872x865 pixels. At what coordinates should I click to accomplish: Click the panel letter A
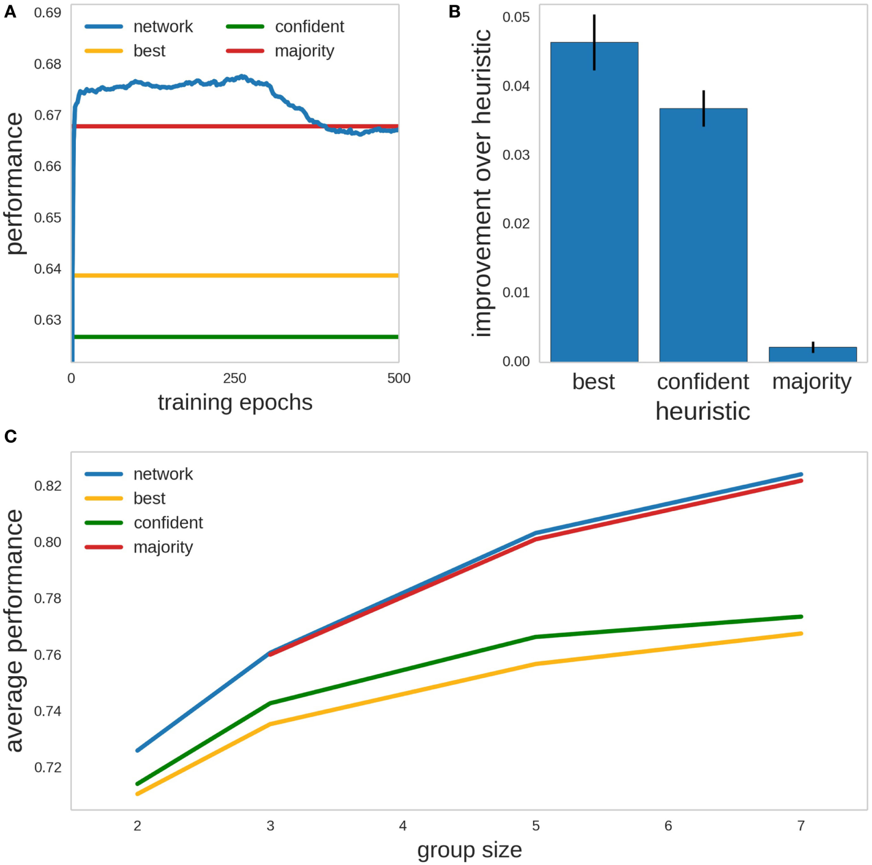[x=10, y=12]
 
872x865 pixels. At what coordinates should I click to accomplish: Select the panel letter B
[x=454, y=12]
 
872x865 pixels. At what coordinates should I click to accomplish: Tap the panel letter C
[x=11, y=436]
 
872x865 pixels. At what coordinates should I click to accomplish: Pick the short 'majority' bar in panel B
[x=812, y=354]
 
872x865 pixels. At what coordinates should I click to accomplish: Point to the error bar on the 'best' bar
[x=594, y=42]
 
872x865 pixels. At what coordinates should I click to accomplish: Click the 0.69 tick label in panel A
[x=47, y=13]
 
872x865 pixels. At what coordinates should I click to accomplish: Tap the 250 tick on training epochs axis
[x=235, y=378]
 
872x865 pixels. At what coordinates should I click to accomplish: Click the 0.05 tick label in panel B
[x=516, y=17]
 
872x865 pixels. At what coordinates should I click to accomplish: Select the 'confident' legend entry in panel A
[x=309, y=26]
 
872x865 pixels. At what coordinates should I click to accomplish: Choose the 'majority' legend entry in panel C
[x=163, y=547]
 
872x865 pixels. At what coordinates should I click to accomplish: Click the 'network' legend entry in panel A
[x=163, y=26]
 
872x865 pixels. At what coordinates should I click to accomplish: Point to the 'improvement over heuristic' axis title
[x=482, y=183]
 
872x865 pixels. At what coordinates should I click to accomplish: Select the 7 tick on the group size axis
[x=801, y=826]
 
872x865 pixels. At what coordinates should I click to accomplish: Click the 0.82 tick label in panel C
[x=47, y=486]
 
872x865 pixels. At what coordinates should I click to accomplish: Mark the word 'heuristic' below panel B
[x=702, y=411]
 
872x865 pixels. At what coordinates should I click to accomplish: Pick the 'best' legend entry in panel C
[x=149, y=498]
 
